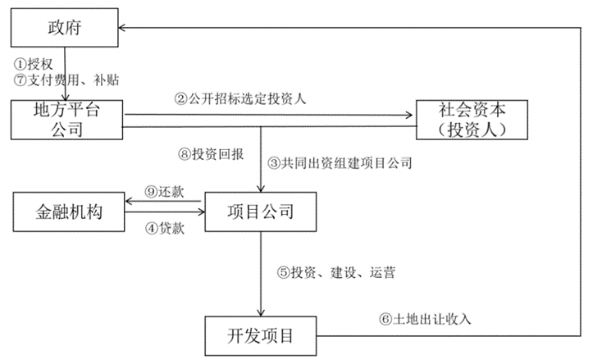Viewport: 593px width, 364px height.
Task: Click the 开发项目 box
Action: pyautogui.click(x=260, y=335)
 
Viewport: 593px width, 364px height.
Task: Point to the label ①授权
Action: pyautogui.click(x=33, y=63)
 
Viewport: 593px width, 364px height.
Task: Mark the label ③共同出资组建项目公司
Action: pyautogui.click(x=340, y=162)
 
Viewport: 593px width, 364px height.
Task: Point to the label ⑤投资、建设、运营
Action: pyautogui.click(x=335, y=272)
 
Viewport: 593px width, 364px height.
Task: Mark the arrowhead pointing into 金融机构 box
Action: pyautogui.click(x=125, y=203)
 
